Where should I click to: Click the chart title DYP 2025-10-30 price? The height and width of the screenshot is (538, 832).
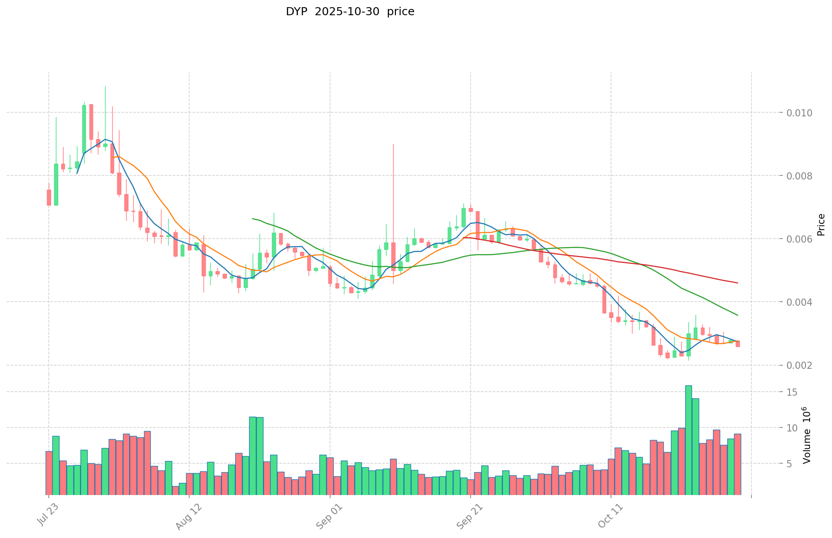click(350, 12)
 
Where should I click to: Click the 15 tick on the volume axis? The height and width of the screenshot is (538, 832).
click(792, 392)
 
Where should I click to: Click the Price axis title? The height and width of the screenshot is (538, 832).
click(821, 225)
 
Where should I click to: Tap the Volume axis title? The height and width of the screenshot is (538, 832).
click(807, 435)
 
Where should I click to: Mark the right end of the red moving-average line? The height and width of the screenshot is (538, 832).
click(738, 283)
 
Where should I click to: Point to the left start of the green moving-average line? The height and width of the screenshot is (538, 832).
click(253, 218)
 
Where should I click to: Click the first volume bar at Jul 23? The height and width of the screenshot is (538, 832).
click(49, 473)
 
